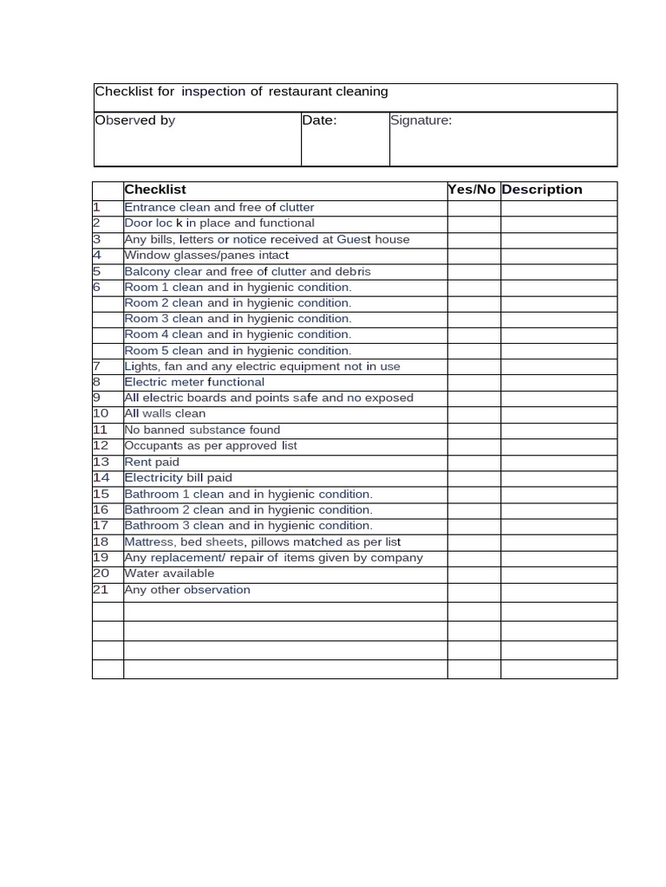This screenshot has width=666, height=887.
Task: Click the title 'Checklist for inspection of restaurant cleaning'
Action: point(241,92)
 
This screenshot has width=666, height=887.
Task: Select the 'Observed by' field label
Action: point(134,120)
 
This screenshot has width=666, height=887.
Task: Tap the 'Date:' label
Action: point(319,120)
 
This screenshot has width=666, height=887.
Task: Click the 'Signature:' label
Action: point(421,120)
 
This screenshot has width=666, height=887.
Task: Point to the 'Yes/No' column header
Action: point(472,190)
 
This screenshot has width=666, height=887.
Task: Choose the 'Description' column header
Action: point(542,190)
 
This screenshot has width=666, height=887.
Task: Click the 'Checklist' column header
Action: point(155,190)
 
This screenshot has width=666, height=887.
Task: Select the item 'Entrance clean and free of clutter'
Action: point(219,208)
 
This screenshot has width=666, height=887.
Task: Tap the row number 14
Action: point(101,478)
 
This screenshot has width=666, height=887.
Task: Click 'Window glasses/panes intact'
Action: point(206,256)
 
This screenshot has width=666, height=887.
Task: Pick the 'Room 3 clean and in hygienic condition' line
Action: point(238,319)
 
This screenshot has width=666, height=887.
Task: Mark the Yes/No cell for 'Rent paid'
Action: point(473,463)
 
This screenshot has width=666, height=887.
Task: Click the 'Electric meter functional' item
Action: point(194,382)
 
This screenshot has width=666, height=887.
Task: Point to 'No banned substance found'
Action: point(202,430)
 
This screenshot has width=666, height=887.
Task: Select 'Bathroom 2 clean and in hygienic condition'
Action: point(248,510)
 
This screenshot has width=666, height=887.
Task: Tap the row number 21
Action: point(101,590)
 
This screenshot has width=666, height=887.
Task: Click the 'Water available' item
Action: point(169,573)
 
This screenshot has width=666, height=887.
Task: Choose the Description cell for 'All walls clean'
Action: point(558,414)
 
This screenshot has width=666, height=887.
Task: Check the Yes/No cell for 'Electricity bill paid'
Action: point(473,478)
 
